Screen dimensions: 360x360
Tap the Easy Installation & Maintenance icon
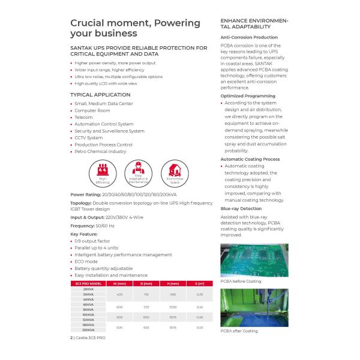click(x=137, y=172)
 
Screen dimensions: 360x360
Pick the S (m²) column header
click(x=199, y=283)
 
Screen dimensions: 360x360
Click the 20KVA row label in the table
click(x=88, y=289)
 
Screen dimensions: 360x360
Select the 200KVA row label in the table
click(x=88, y=330)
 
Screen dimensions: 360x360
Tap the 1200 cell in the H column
click(x=173, y=307)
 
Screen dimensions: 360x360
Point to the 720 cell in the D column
click(x=146, y=307)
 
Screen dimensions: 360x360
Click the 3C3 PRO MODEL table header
click(x=88, y=283)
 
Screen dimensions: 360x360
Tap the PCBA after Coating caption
click(x=239, y=331)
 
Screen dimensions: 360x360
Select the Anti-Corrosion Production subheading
click(x=249, y=37)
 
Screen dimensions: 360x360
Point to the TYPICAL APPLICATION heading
click(x=100, y=95)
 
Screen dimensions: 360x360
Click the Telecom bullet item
click(x=84, y=117)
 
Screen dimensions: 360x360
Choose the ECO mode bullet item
click(x=87, y=262)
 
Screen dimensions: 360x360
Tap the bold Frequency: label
click(x=83, y=226)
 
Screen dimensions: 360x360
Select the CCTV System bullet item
click(x=89, y=137)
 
